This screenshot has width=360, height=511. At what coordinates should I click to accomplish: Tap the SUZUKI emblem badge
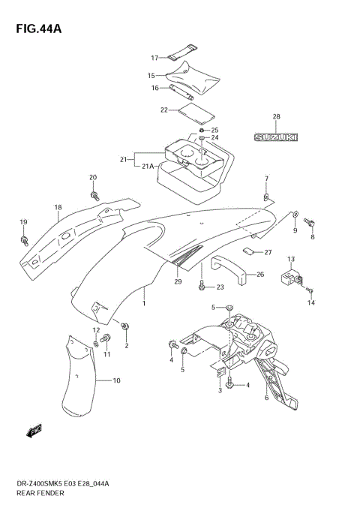point(275,137)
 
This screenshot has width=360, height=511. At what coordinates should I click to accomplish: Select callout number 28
point(276,116)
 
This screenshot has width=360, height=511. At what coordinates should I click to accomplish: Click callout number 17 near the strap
point(154,58)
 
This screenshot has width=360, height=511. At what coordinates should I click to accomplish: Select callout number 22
point(163,110)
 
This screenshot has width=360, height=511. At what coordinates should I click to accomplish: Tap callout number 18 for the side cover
point(57,208)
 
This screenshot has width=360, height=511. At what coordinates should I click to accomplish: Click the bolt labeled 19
point(25,241)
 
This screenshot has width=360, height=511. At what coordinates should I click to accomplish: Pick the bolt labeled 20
point(96,196)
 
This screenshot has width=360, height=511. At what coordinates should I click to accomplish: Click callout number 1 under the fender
point(145,306)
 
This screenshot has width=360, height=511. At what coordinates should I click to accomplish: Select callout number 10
point(116,382)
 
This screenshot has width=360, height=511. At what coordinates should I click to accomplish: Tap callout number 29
point(178,281)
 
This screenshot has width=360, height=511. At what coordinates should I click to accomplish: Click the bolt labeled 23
point(202,286)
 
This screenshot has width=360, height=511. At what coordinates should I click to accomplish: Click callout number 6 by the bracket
point(266,398)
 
